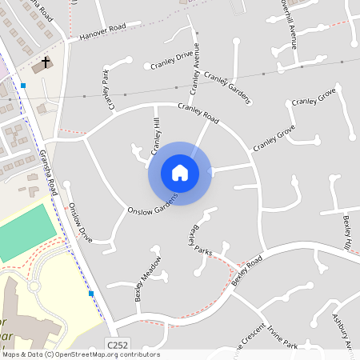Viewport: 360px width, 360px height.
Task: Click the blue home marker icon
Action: pyautogui.click(x=179, y=173)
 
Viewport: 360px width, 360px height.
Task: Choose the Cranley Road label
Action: pyautogui.click(x=198, y=114)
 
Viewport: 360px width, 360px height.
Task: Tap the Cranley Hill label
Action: pyautogui.click(x=156, y=136)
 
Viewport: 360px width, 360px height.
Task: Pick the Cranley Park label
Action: pyautogui.click(x=109, y=89)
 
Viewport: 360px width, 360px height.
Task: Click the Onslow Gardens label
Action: pyautogui.click(x=152, y=202)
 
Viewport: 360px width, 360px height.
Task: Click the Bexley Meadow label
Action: pyautogui.click(x=148, y=277)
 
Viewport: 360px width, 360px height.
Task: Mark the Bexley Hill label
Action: pyautogui.click(x=347, y=230)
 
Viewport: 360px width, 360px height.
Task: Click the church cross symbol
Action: pyautogui.click(x=46, y=62)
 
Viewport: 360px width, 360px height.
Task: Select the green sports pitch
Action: pyautogui.click(x=28, y=231)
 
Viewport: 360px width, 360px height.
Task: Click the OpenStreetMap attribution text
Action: pyautogui.click(x=81, y=354)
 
